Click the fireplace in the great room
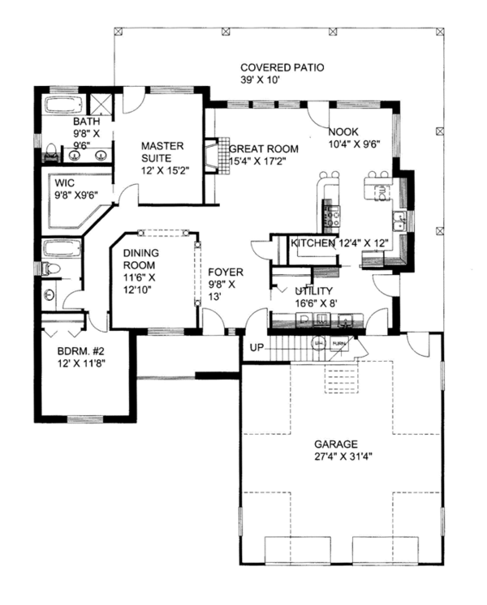click(x=211, y=157)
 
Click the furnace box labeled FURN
click(x=340, y=343)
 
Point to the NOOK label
click(x=342, y=131)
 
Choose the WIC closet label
click(x=53, y=182)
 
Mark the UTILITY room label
click(x=313, y=290)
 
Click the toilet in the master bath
click(x=50, y=152)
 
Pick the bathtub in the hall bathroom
click(x=60, y=247)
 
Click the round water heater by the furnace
click(x=320, y=343)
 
